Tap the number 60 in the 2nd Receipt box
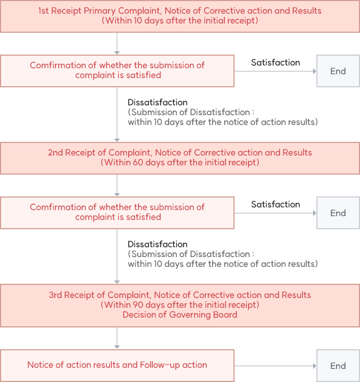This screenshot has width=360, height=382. click(x=138, y=162)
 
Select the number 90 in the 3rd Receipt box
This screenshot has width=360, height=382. click(x=138, y=305)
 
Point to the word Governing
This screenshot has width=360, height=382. click(x=190, y=315)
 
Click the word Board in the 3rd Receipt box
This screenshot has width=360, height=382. click(x=225, y=314)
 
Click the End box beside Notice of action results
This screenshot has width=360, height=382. click(x=338, y=366)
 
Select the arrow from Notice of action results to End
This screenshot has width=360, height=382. click(x=275, y=366)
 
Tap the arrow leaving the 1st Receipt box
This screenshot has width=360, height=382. click(x=117, y=43)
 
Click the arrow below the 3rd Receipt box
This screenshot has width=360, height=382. click(x=117, y=338)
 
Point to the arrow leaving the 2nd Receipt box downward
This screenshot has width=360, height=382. click(x=117, y=186)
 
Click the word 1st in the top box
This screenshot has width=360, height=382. click(x=43, y=11)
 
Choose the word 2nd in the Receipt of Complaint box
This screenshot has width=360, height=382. click(x=55, y=153)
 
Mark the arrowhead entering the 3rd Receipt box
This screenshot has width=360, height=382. click(x=117, y=282)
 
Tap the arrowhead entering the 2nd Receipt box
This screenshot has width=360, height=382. click(x=117, y=140)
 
